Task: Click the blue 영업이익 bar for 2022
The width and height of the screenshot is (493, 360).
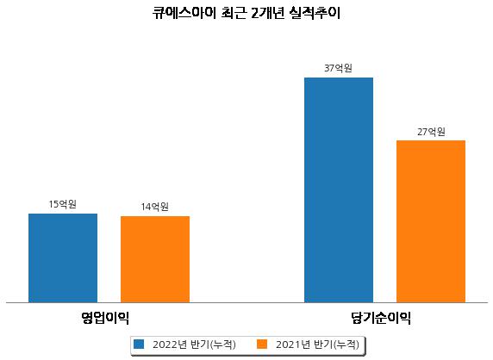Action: [x=63, y=258]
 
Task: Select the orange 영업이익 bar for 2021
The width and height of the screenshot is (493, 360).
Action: [x=155, y=259]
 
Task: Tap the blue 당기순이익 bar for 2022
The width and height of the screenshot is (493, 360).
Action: [x=339, y=190]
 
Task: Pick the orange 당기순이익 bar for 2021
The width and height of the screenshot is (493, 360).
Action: [x=431, y=221]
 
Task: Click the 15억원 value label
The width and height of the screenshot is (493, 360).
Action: [x=63, y=204]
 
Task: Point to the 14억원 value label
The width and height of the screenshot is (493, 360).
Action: [x=155, y=207]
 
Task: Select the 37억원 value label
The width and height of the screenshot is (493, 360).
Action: [x=339, y=68]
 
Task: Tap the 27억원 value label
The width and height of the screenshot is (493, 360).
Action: [x=431, y=132]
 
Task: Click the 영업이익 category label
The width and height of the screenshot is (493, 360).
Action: [x=105, y=318]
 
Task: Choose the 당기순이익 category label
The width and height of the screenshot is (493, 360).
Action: [x=381, y=318]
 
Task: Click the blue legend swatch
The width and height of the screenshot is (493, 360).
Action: [x=139, y=344]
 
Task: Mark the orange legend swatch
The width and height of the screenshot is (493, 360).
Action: [x=262, y=344]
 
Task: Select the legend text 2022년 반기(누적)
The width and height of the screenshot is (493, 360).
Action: [x=194, y=344]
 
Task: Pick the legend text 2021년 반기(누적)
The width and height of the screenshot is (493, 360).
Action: [x=317, y=344]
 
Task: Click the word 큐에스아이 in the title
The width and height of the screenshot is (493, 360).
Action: [x=184, y=13]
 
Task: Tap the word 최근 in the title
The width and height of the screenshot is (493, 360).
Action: [x=234, y=13]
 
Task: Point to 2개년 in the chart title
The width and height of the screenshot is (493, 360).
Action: [x=268, y=13]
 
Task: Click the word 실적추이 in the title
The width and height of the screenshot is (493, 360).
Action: [x=315, y=13]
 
